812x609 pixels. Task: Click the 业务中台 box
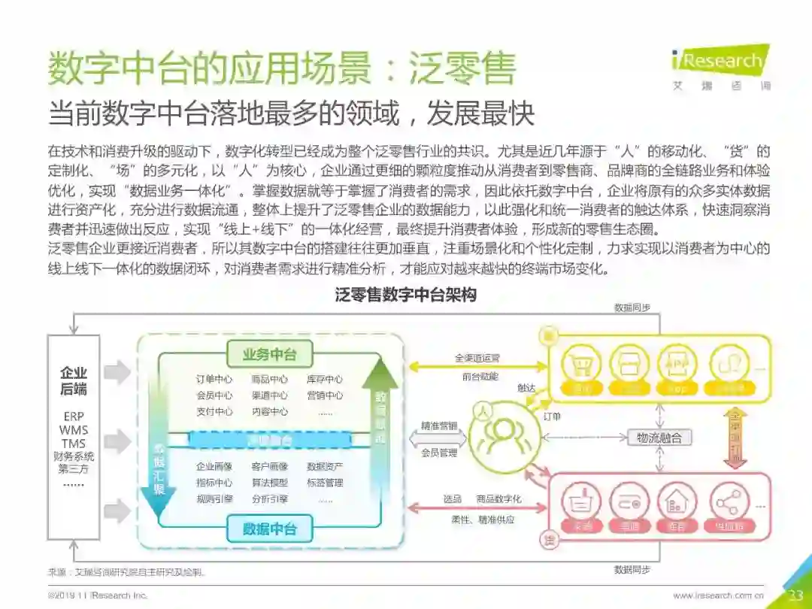tap(269, 354)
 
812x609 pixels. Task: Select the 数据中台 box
tap(269, 529)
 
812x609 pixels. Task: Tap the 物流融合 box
tap(659, 438)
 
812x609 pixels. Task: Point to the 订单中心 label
tap(214, 379)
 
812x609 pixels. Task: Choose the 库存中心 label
tap(325, 379)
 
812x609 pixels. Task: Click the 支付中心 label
tap(214, 411)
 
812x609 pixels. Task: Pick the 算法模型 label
tap(269, 482)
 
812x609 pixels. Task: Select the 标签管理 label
tap(325, 482)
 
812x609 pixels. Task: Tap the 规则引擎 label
tap(214, 498)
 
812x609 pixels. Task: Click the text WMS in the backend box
tap(73, 430)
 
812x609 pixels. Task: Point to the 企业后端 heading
tap(73, 380)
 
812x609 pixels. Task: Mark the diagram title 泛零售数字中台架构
tap(405, 295)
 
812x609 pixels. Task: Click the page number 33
tap(795, 595)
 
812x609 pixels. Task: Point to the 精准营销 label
tap(438, 426)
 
